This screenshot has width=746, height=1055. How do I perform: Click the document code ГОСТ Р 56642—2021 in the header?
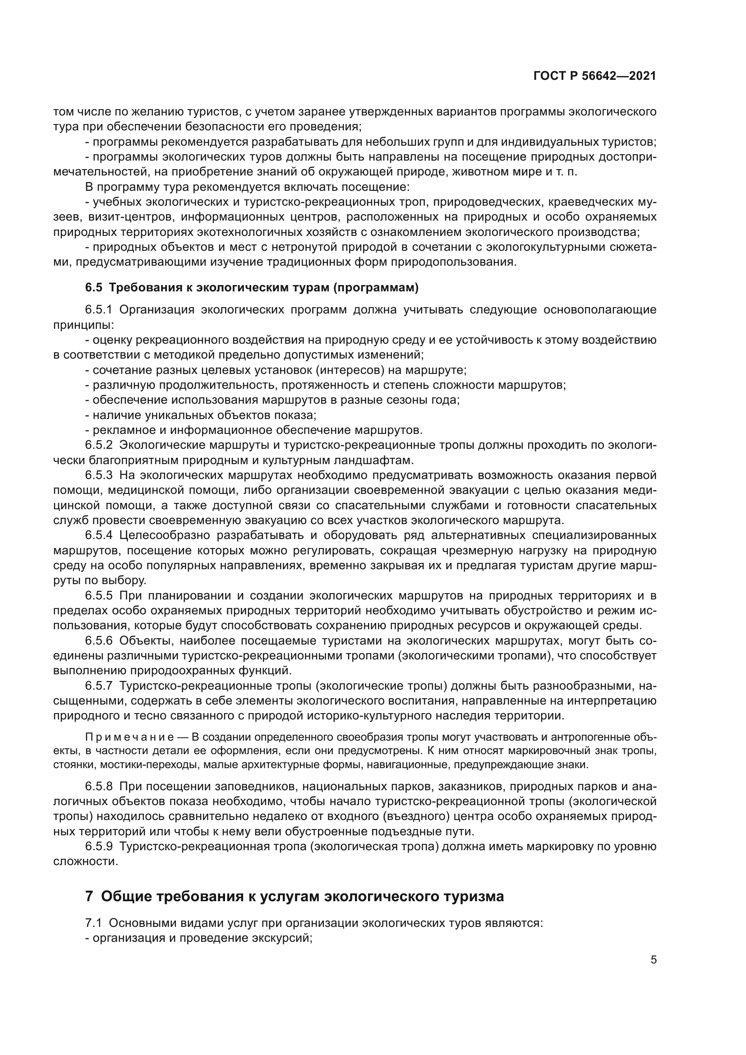click(594, 76)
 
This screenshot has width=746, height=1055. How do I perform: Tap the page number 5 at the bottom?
click(653, 960)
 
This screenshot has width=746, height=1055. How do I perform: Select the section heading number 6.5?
click(94, 288)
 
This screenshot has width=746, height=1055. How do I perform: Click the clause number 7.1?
click(93, 923)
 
